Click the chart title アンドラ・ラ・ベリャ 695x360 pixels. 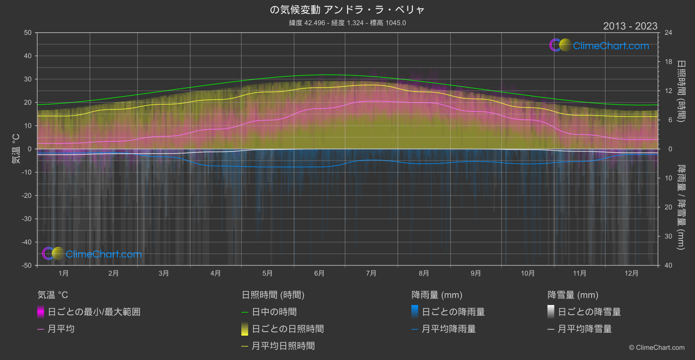[347, 10]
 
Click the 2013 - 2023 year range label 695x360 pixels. [630, 26]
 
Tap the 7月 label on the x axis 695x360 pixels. [371, 274]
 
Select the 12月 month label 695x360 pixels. [631, 274]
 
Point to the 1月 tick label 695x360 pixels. [64, 274]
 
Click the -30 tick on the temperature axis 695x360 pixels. [27, 219]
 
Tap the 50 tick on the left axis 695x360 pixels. [28, 33]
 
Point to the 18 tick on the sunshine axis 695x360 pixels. [668, 62]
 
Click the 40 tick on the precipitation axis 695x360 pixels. [668, 265]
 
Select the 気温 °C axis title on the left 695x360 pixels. [16, 149]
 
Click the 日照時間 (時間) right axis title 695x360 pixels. [681, 91]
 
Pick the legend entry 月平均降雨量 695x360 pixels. [448, 329]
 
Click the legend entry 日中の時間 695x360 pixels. [274, 312]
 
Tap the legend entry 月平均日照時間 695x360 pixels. [283, 346]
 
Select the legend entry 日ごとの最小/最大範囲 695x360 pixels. [94, 312]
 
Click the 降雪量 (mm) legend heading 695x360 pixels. [573, 295]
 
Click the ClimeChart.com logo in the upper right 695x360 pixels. [599, 45]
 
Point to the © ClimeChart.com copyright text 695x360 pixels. [657, 348]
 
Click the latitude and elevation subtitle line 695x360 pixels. [347, 23]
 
